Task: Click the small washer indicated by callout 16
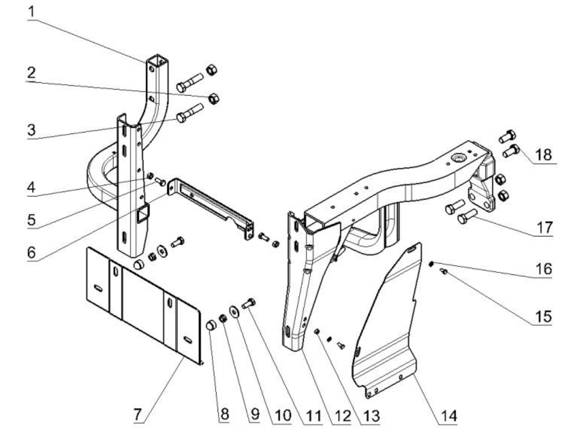(x=430, y=264)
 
